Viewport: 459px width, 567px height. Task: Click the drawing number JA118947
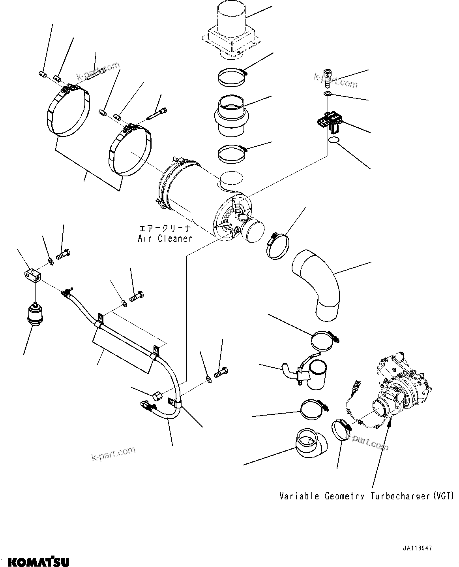click(x=417, y=548)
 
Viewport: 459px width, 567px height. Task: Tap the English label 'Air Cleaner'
click(x=165, y=238)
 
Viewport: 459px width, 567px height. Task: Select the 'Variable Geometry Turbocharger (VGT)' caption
click(x=367, y=496)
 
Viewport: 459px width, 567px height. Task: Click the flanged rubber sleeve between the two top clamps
click(x=231, y=115)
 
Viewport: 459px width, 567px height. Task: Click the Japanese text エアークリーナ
click(x=165, y=228)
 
